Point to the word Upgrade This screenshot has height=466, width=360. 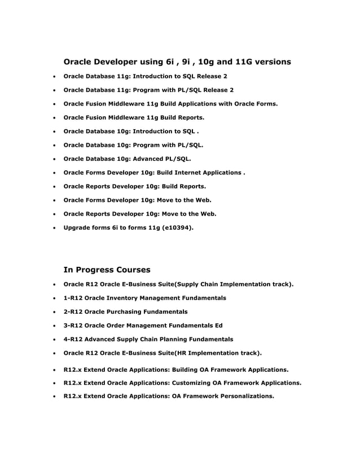pyautogui.click(x=78, y=228)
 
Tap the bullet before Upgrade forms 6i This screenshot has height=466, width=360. pyautogui.click(x=54, y=228)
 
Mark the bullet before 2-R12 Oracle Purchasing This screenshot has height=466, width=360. pyautogui.click(x=54, y=312)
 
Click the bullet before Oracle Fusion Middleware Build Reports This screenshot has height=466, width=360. pyautogui.click(x=54, y=118)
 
